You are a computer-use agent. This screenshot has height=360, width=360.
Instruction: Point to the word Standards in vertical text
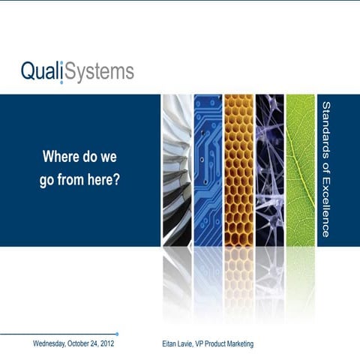tap(325, 130)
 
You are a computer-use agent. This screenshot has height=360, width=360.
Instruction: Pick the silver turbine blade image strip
tap(176, 170)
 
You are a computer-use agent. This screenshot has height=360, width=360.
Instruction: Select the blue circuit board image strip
tap(207, 170)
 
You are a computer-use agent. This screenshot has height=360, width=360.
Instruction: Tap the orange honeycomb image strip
tap(238, 170)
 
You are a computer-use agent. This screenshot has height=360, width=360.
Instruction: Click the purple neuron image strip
tap(268, 170)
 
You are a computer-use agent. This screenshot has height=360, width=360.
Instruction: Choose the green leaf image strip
tap(300, 170)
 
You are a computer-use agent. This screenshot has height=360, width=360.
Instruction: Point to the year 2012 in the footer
tap(106, 344)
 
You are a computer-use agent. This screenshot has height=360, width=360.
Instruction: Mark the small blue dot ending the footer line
tap(117, 334)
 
